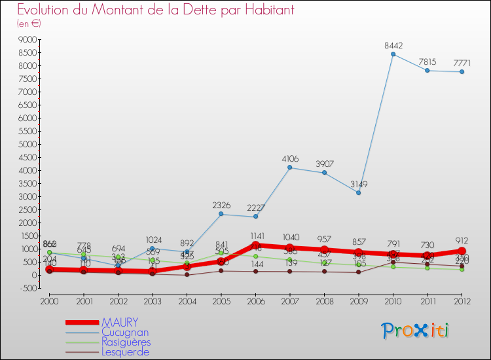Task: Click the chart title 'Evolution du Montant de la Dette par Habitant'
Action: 155,10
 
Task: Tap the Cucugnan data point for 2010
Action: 393,54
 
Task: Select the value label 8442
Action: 393,46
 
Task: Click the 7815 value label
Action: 427,62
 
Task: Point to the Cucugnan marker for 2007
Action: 290,168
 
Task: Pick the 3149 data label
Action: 359,184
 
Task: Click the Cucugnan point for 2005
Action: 221,214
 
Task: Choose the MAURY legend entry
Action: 120,323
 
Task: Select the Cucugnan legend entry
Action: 125,333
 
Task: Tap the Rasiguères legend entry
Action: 126,342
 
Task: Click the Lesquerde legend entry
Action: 125,352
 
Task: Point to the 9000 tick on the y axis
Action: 27,40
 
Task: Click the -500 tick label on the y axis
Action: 27,289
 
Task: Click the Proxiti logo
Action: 416,331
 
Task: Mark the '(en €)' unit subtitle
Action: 29,24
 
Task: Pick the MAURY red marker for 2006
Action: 255,245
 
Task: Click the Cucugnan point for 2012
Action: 462,72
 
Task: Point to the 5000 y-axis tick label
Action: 27,145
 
